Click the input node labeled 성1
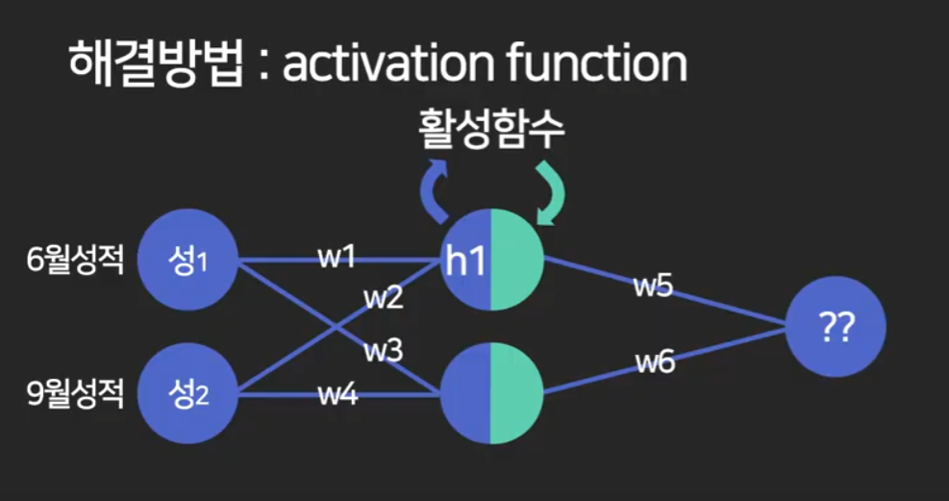click(x=187, y=260)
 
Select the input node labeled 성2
click(x=187, y=392)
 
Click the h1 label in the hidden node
click(x=464, y=261)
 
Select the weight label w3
click(x=382, y=351)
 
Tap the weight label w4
click(x=337, y=393)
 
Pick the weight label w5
click(x=652, y=287)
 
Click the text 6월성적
click(x=76, y=261)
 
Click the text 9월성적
click(x=76, y=393)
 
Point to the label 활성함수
click(x=490, y=131)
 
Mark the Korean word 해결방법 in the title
click(x=154, y=64)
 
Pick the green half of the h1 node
click(x=517, y=260)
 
